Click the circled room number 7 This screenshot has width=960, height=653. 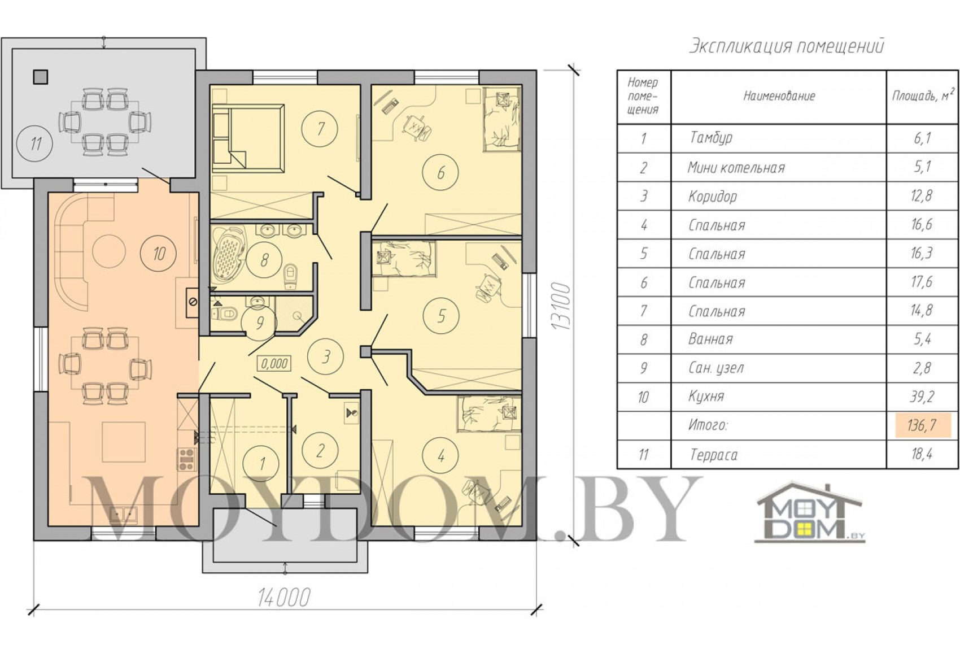tap(320, 129)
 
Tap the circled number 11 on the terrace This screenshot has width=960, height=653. tap(34, 143)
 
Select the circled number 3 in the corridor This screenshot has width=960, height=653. tap(326, 357)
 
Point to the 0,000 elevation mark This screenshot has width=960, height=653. tap(274, 364)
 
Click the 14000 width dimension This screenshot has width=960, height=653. tap(283, 597)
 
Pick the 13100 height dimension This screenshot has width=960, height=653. tap(561, 305)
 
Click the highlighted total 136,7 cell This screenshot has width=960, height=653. tap(922, 425)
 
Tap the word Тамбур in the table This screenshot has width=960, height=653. tap(711, 138)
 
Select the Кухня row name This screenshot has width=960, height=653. tap(706, 396)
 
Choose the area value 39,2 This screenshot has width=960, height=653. tap(922, 397)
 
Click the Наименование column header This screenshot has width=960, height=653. tap(779, 96)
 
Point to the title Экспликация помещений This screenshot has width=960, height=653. tap(787, 45)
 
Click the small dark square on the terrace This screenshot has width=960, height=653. tap(40, 77)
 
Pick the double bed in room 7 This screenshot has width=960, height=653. tap(248, 138)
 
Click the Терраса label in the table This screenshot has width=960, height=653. tap(714, 455)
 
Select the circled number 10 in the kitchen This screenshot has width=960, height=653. tap(159, 254)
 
